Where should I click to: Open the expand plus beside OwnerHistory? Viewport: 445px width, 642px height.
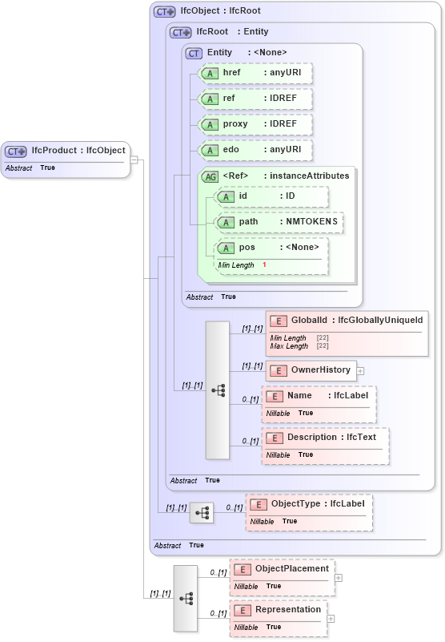[360, 371]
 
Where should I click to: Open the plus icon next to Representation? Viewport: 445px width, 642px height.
[331, 619]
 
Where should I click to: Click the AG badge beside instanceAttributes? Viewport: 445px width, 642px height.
[210, 176]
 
